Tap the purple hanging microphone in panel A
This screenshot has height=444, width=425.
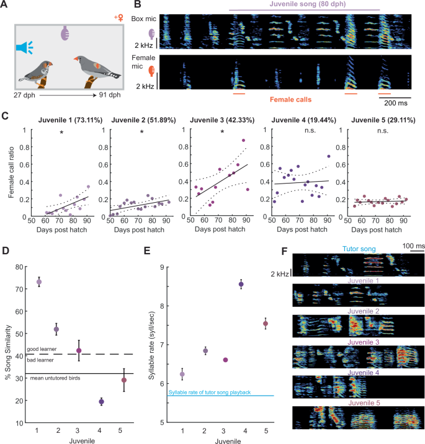(x=66, y=33)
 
